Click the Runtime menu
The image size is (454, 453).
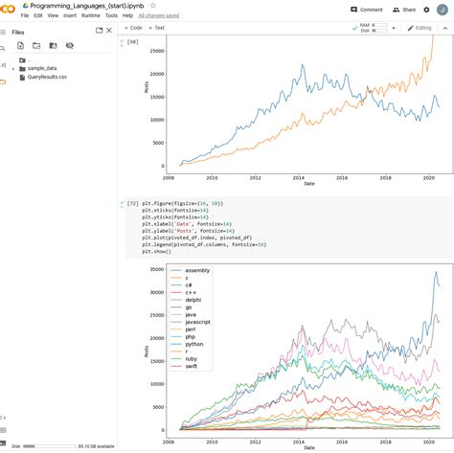pyautogui.click(x=91, y=15)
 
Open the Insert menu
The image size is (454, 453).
pyautogui.click(x=69, y=15)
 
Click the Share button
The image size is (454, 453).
pyautogui.click(x=405, y=10)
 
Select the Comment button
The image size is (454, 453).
pyautogui.click(x=367, y=10)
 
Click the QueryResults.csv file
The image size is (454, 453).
pyautogui.click(x=49, y=77)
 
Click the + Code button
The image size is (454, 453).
pyautogui.click(x=132, y=28)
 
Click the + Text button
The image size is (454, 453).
pyautogui.click(x=156, y=28)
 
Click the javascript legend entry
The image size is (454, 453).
pyautogui.click(x=198, y=323)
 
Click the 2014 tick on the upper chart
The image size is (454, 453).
pyautogui.click(x=300, y=177)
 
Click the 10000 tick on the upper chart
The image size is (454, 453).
pyautogui.click(x=156, y=121)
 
